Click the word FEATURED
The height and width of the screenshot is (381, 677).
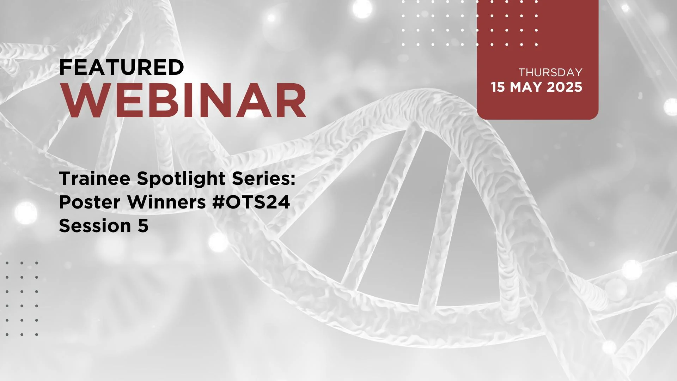(122, 67)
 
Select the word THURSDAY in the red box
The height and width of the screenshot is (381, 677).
(550, 73)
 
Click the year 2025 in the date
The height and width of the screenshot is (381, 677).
(565, 87)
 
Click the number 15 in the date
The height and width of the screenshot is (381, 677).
(498, 87)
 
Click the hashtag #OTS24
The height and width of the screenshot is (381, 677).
(251, 202)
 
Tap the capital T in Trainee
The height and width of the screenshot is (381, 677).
(65, 179)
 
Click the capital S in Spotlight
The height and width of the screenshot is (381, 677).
(142, 179)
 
